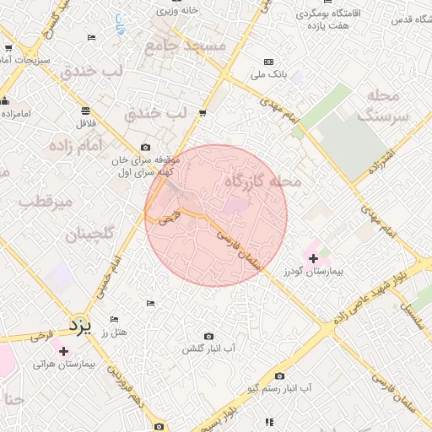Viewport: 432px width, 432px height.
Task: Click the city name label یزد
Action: [x=78, y=324]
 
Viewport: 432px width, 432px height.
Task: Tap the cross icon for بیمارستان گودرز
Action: [x=314, y=257]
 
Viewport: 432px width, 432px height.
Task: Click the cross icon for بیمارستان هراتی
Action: [x=63, y=350]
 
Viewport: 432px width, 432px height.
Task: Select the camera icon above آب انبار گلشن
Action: [x=208, y=336]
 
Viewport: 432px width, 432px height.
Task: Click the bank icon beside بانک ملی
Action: [x=268, y=62]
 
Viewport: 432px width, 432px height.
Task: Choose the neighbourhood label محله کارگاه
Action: [x=263, y=181]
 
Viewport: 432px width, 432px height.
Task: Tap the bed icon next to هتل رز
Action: [x=115, y=320]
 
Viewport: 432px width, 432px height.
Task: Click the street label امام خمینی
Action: [x=101, y=274]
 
